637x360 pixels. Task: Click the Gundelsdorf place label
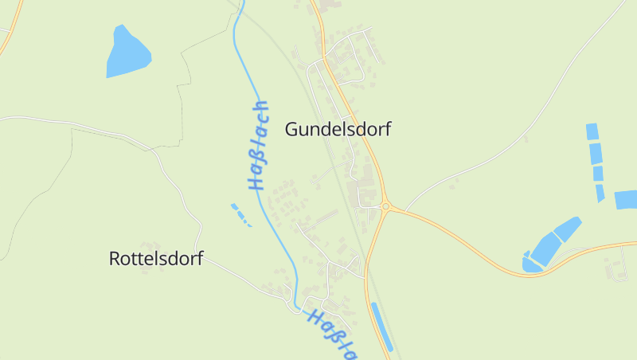pyautogui.click(x=338, y=129)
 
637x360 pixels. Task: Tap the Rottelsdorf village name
pyautogui.click(x=155, y=259)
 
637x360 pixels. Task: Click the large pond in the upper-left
pyautogui.click(x=127, y=53)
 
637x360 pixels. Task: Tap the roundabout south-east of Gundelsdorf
pyautogui.click(x=386, y=206)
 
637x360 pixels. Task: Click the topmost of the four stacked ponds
pyautogui.click(x=592, y=131)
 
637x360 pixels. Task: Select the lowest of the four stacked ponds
pyautogui.click(x=600, y=192)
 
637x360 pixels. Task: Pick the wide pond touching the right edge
pyautogui.click(x=626, y=199)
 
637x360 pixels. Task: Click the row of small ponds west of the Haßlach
pyautogui.click(x=240, y=213)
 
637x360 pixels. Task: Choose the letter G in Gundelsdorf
pyautogui.click(x=291, y=129)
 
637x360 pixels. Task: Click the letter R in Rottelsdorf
pyautogui.click(x=114, y=259)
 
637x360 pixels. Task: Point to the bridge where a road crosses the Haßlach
pyautogui.click(x=295, y=303)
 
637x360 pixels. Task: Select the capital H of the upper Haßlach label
pyautogui.click(x=255, y=182)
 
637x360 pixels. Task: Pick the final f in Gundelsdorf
pyautogui.click(x=387, y=129)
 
